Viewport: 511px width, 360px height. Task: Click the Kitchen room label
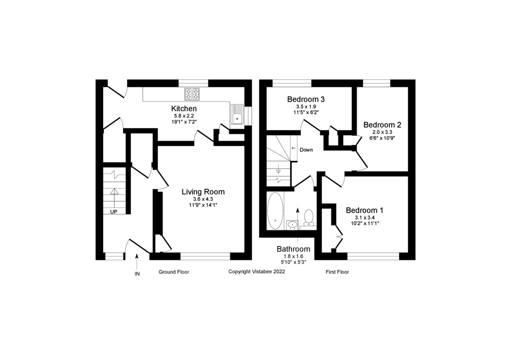coord(184,108)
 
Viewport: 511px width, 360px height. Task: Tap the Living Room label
coord(203,192)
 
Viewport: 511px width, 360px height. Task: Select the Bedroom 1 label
coord(365,210)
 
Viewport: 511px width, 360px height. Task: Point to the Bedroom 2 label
coord(382,125)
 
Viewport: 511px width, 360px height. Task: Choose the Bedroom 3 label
coord(306,99)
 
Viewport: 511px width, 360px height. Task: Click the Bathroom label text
coord(293,249)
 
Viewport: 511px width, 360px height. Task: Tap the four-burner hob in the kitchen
coord(192,94)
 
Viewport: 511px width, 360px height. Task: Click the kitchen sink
coord(237,114)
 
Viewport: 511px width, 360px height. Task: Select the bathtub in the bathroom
coord(275,211)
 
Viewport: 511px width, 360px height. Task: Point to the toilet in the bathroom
coord(308,218)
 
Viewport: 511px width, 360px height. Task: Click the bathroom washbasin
coord(292,225)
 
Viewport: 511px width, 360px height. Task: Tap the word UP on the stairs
coord(113,212)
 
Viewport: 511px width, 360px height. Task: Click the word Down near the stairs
coord(306,150)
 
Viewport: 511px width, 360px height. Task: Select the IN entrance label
coord(137,274)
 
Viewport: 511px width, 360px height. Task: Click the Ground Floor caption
coord(174,272)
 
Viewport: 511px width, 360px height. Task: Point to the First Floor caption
coord(337,272)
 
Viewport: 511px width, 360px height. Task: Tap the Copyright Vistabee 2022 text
coord(257,271)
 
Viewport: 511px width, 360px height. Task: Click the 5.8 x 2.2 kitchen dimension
coord(184,115)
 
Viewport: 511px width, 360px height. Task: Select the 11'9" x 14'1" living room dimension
coord(203,205)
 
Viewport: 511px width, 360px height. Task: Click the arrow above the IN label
coord(137,261)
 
